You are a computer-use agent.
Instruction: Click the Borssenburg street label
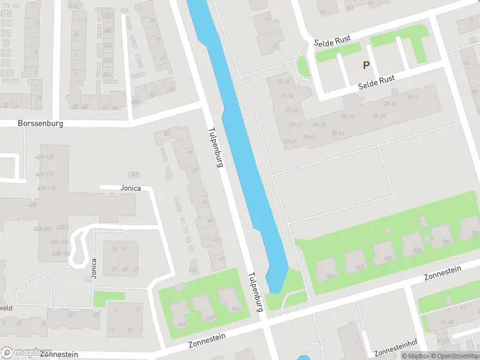pos(40,123)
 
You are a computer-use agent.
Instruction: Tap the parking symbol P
pos(366,65)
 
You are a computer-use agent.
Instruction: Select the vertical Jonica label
pos(93,268)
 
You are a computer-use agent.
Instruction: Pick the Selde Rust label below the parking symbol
pos(376,83)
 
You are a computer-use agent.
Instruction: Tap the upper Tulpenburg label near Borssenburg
pos(215,147)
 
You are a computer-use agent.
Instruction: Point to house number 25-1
pos(412,97)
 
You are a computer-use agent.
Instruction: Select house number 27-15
pos(283,82)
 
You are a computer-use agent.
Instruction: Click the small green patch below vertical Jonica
pos(108,296)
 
